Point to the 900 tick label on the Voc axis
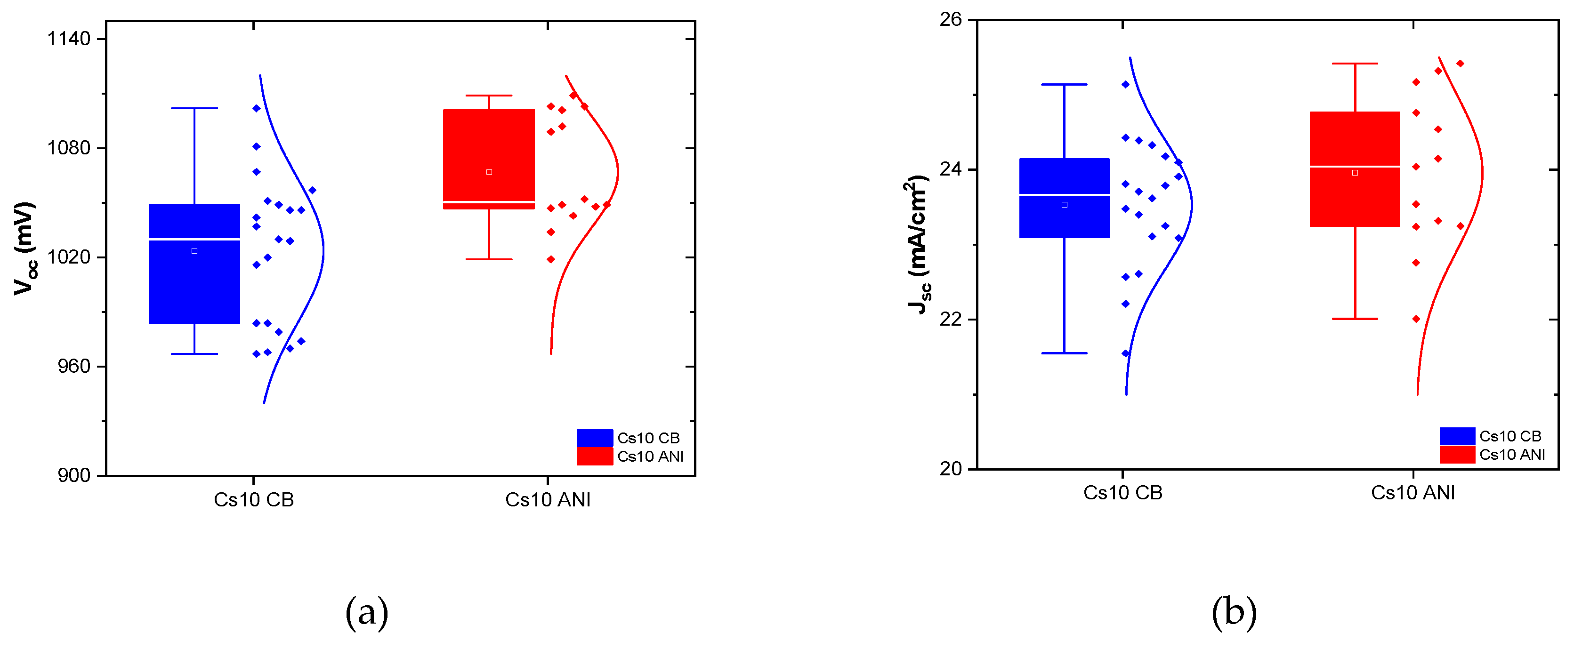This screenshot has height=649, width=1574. pos(74,476)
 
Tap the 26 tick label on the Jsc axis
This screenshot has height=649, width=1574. pos(951,20)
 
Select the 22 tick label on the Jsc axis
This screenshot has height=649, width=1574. pos(951,319)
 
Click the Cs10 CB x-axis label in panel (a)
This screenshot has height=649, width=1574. pos(254,500)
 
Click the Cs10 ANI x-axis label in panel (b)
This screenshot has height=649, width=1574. pos(1413,493)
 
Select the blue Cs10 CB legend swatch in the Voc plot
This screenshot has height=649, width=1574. pos(595,438)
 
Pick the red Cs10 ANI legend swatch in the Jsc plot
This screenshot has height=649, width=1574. pos(1457,454)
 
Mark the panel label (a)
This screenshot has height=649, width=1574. pos(367,612)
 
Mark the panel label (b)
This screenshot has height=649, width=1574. pos(1234,612)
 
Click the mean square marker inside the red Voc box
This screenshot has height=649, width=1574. pos(489,172)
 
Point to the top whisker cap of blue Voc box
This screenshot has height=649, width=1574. pos(194,108)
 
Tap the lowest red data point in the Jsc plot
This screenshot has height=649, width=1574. pos(1416,319)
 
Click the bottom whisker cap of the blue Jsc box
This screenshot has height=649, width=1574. pos(1065,353)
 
